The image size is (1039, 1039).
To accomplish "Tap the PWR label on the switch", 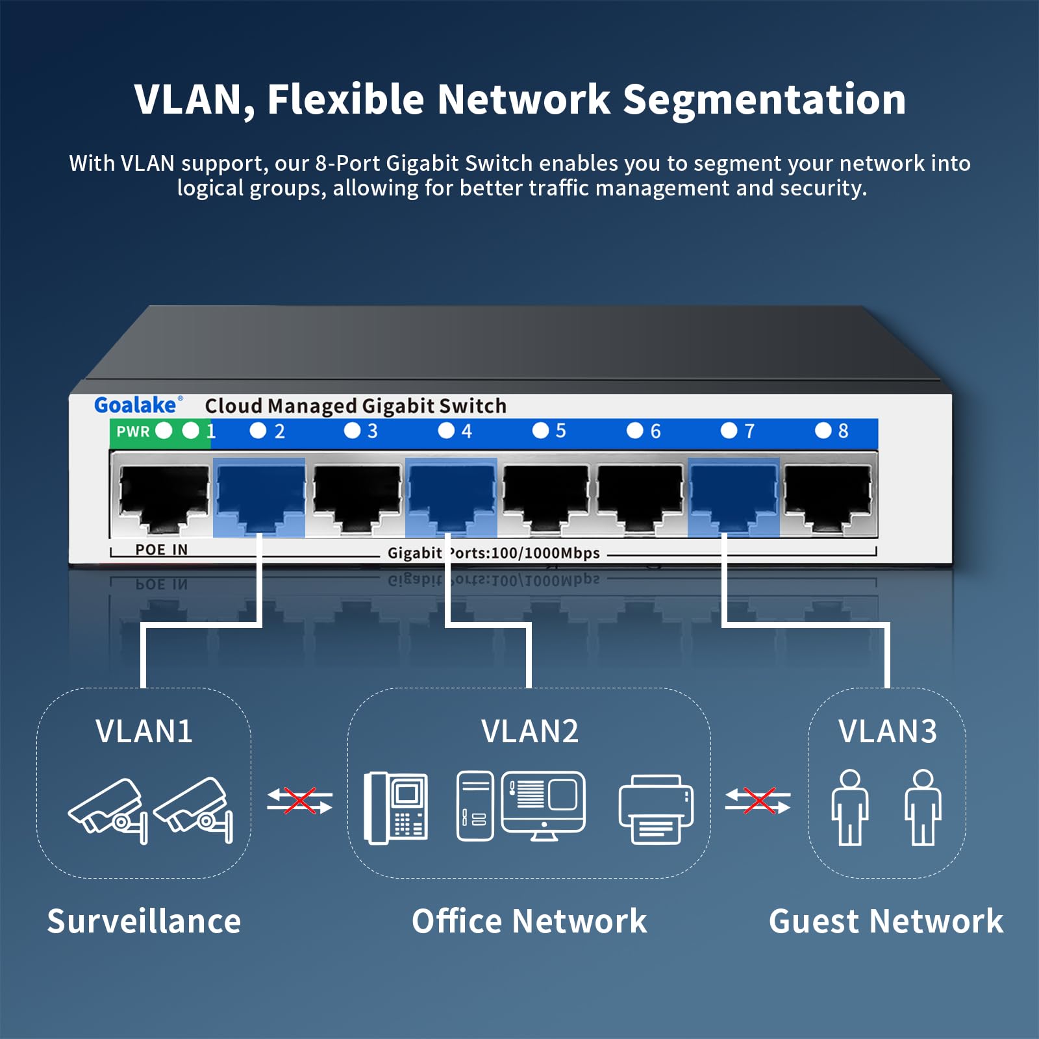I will point(133,431).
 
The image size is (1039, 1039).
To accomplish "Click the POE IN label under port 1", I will point(161,550).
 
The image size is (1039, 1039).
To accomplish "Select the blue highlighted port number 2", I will point(259,497).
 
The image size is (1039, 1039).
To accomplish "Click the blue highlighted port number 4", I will point(451,497).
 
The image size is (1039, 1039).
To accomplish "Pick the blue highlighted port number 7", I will point(733,497).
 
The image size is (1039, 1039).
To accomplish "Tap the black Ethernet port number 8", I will point(827,497).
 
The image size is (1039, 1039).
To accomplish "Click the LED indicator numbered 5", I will point(540,431).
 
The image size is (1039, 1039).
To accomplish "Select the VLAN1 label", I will point(144,731).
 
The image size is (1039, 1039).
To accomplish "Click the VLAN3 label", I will point(887,731).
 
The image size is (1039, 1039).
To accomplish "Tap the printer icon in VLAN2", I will point(656,809).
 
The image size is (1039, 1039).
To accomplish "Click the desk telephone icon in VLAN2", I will point(395,808).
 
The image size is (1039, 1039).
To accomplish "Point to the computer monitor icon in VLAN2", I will point(544,804).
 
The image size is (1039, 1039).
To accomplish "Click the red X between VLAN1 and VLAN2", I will point(299,801).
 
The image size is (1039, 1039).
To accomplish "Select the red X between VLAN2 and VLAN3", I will point(758,801).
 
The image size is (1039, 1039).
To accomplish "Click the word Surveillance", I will point(144,921).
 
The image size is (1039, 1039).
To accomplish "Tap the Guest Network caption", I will point(886,921).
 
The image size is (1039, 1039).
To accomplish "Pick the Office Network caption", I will point(529,921).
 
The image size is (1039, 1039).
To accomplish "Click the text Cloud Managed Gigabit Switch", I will point(355,406).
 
